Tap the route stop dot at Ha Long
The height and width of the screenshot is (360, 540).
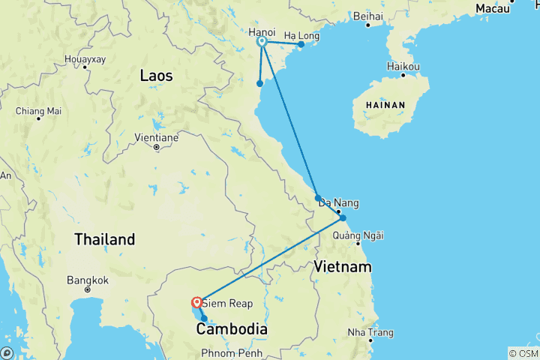[x=301, y=44]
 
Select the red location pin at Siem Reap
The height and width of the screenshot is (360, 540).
[x=196, y=302]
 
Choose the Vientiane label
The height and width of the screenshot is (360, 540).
[x=156, y=138]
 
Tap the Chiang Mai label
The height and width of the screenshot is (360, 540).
[x=38, y=111]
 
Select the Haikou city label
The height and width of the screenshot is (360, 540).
[x=403, y=66]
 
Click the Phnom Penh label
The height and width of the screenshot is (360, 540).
[x=230, y=353]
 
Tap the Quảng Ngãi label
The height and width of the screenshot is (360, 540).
[x=358, y=235]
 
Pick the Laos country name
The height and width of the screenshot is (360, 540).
[x=156, y=76]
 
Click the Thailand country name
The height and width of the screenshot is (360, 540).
[x=104, y=240]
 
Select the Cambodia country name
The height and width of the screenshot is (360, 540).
[x=232, y=328]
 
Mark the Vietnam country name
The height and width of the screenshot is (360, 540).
[x=343, y=267]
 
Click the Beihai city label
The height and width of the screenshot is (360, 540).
[x=368, y=16]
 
